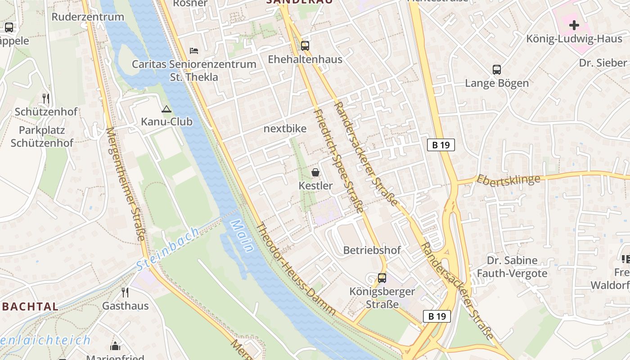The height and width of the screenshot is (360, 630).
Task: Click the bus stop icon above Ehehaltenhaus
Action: tap(305, 45)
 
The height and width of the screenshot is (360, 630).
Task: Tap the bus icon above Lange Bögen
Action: tap(497, 70)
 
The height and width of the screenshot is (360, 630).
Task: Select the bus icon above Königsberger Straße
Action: tap(382, 278)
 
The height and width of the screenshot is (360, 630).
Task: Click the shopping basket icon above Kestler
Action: tap(315, 172)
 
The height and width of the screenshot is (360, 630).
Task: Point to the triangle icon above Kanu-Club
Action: tap(166, 109)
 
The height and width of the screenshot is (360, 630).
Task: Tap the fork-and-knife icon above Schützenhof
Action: tap(45, 98)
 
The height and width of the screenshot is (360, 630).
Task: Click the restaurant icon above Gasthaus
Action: tap(125, 292)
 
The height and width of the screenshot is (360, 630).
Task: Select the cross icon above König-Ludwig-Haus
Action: tap(574, 25)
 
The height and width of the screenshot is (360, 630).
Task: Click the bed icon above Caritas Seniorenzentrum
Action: tap(194, 50)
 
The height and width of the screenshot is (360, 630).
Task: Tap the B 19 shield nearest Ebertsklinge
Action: tap(441, 145)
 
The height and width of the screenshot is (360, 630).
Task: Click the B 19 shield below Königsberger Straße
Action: tap(437, 316)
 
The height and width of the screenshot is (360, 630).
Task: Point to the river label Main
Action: tap(242, 235)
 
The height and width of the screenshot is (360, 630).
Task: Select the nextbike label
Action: tap(285, 129)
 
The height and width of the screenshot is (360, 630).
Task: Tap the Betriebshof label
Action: tap(372, 250)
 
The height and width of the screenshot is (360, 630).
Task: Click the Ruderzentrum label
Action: tap(88, 17)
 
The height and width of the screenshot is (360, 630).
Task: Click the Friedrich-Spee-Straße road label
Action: tap(338, 160)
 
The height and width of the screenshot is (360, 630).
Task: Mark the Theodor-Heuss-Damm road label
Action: tap(295, 269)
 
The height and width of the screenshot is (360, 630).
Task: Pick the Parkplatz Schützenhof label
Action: tap(42, 137)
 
